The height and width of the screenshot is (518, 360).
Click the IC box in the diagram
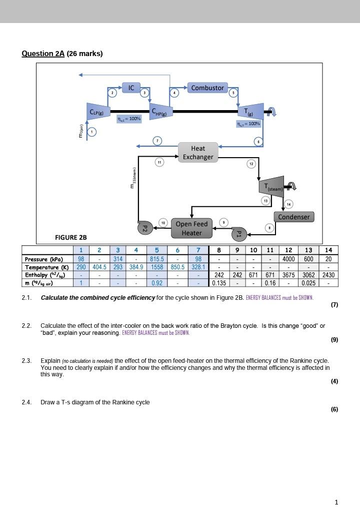(x=131, y=88)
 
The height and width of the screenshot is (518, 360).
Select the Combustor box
(x=207, y=88)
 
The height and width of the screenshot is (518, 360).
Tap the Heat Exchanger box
(x=198, y=152)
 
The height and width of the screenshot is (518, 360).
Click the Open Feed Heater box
(x=191, y=228)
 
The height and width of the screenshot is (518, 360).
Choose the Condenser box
(x=294, y=217)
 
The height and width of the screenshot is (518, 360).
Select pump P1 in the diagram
(x=239, y=234)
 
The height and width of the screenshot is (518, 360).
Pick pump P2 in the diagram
(x=145, y=228)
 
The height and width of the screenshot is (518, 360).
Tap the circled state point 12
(x=251, y=164)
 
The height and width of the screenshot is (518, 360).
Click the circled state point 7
(x=157, y=141)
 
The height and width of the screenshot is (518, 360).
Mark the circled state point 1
(x=92, y=132)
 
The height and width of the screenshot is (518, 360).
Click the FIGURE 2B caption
(x=70, y=237)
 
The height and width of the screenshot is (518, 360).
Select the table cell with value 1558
(x=157, y=267)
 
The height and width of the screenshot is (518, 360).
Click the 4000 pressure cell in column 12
(x=288, y=259)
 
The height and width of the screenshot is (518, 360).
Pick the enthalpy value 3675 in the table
(x=288, y=275)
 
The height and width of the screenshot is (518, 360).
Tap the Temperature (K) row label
(x=47, y=267)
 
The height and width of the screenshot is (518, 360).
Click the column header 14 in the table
(x=328, y=250)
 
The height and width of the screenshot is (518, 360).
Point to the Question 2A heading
(x=62, y=54)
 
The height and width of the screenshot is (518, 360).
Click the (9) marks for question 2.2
(x=334, y=339)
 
